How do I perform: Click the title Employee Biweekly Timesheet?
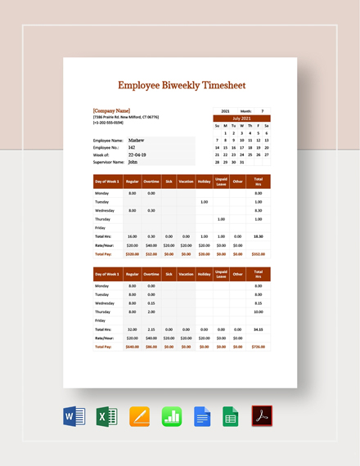point(181,84)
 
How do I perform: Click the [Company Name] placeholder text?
point(111,110)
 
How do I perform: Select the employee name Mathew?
point(137,140)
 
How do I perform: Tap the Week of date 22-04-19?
point(137,155)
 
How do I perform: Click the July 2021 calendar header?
point(241,118)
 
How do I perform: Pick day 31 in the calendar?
point(242,162)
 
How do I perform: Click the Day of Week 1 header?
point(107,181)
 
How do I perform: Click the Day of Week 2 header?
point(107,275)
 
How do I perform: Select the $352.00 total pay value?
point(258,253)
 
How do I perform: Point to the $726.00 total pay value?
point(258,347)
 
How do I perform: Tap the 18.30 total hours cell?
point(258,236)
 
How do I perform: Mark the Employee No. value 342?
point(131,147)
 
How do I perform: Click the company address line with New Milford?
point(131,117)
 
